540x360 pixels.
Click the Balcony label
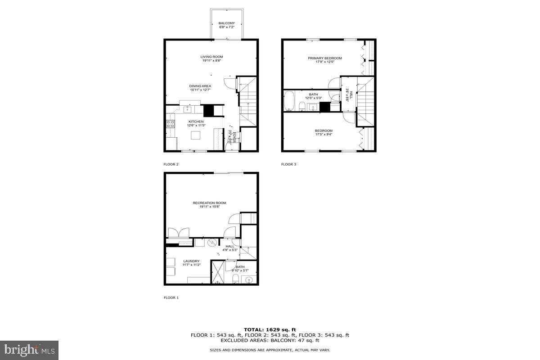pyautogui.click(x=226, y=23)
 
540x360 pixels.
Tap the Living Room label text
pyautogui.click(x=211, y=57)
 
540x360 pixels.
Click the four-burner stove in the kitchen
pyautogui.click(x=171, y=124)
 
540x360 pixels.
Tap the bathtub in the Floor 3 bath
pyautogui.click(x=289, y=101)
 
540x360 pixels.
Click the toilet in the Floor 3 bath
pyautogui.click(x=303, y=107)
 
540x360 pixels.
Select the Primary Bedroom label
pyautogui.click(x=324, y=58)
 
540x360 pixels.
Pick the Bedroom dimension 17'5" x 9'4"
pyautogui.click(x=324, y=134)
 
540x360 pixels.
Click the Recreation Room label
pyautogui.click(x=209, y=203)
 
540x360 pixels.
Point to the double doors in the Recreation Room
pyautogui.click(x=179, y=233)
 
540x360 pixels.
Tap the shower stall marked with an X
pyautogui.click(x=218, y=272)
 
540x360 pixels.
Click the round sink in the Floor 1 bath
pyautogui.click(x=249, y=280)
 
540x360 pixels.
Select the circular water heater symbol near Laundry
pyautogui.click(x=212, y=243)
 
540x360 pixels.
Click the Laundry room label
pyautogui.click(x=191, y=261)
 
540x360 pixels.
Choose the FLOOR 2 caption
pyautogui.click(x=171, y=165)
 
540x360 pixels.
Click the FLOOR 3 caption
pyautogui.click(x=289, y=165)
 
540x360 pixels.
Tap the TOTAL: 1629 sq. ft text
pyautogui.click(x=270, y=330)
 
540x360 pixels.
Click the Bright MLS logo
pyautogui.click(x=29, y=350)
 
